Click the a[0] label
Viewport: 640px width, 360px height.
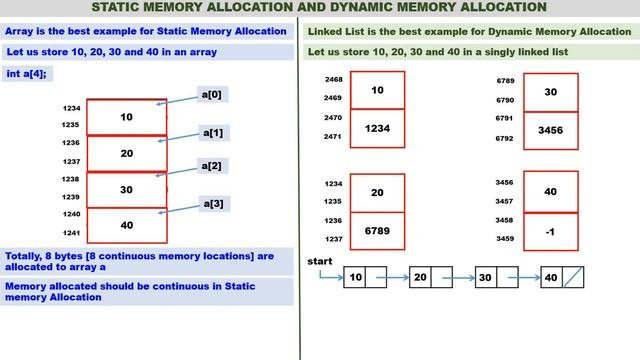coord(213,94)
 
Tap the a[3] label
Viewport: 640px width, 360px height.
coord(214,204)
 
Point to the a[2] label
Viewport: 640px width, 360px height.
coord(212,165)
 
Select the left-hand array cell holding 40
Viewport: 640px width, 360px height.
coord(126,225)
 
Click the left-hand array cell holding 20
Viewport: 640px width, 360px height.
coord(126,153)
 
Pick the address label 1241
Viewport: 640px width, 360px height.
coord(70,234)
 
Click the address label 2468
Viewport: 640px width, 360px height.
coord(334,79)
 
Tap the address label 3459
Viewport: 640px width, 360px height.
coord(506,238)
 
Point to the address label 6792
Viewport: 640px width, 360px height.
coord(506,138)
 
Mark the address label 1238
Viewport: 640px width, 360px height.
coord(70,179)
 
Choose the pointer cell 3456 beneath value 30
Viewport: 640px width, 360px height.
coord(549,129)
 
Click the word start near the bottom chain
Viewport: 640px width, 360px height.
coord(320,261)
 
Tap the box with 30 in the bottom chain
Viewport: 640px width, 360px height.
coord(484,278)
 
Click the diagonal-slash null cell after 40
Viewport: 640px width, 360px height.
coord(573,278)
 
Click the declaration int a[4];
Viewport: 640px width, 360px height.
coord(27,74)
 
